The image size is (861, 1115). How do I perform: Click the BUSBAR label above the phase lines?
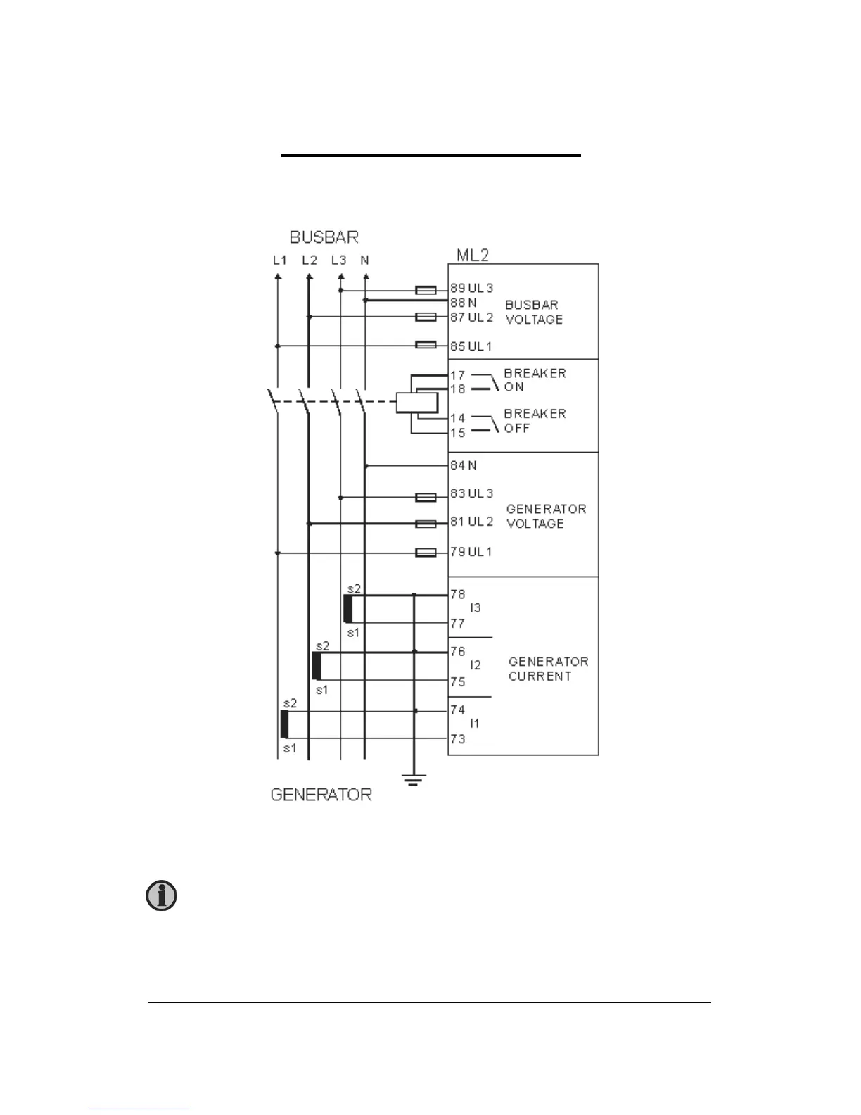pyautogui.click(x=324, y=237)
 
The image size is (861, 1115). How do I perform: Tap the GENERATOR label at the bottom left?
pyautogui.click(x=321, y=795)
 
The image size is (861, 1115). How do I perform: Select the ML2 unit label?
pyautogui.click(x=473, y=255)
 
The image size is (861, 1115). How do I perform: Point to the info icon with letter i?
pyautogui.click(x=161, y=896)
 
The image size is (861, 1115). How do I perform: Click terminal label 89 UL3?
pyautogui.click(x=472, y=288)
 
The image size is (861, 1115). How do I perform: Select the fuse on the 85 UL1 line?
pyautogui.click(x=426, y=345)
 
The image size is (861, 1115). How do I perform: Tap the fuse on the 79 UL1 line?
pyautogui.click(x=426, y=553)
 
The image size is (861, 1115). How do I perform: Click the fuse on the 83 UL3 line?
pyautogui.click(x=426, y=497)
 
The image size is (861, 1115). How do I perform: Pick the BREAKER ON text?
pyautogui.click(x=535, y=380)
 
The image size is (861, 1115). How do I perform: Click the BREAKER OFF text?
pyautogui.click(x=535, y=421)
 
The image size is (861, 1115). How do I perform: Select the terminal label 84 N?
pyautogui.click(x=464, y=465)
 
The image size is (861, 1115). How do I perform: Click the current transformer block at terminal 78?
pyautogui.click(x=347, y=609)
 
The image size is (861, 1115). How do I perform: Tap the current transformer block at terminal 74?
pyautogui.click(x=285, y=724)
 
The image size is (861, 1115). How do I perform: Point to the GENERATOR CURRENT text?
pyautogui.click(x=548, y=669)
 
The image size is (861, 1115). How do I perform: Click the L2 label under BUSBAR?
pyautogui.click(x=309, y=260)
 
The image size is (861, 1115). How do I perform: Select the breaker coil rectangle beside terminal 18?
pyautogui.click(x=416, y=403)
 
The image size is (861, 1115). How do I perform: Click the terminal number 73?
pyautogui.click(x=458, y=738)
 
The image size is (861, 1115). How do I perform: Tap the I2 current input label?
pyautogui.click(x=476, y=665)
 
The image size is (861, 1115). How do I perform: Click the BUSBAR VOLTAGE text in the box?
pyautogui.click(x=533, y=312)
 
